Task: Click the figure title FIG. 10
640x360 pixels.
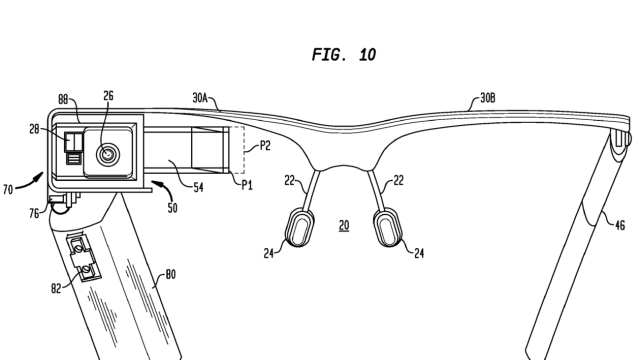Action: pos(344,55)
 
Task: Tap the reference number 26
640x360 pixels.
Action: pos(108,96)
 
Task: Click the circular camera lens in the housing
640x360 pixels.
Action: pos(108,155)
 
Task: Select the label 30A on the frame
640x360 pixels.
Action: pos(200,98)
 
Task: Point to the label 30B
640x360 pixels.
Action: pos(488,98)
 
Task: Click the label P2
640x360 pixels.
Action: pos(265,146)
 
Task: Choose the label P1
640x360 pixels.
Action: pos(247,185)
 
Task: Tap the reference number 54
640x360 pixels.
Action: pos(198,188)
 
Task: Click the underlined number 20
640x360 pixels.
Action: pos(344,225)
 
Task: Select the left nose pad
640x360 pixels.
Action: pos(300,227)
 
